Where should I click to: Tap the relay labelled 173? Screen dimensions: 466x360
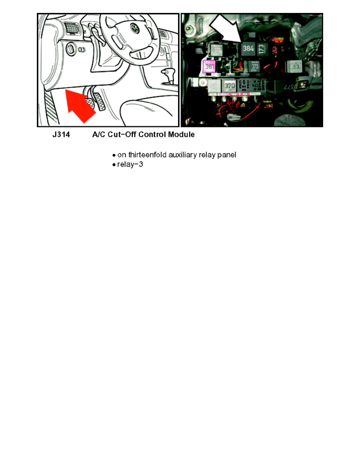click(262, 50)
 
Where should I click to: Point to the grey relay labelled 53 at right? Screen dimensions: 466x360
click(296, 67)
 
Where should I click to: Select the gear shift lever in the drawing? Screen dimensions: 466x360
click(170, 75)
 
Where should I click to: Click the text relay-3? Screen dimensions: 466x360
click(131, 165)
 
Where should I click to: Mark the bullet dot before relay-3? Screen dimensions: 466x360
click(114, 165)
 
